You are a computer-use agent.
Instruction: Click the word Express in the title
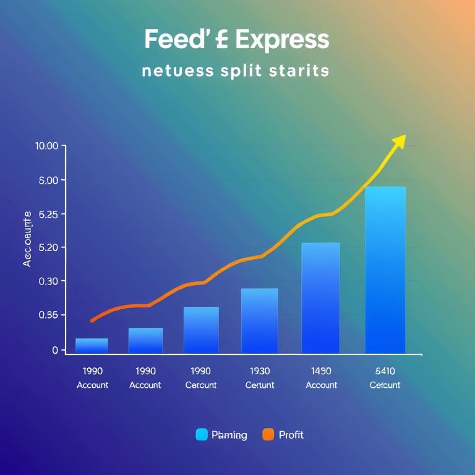[282, 40]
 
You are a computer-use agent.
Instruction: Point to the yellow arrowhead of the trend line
[399, 142]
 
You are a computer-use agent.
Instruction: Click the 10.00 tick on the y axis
[47, 146]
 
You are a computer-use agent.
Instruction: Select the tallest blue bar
[385, 270]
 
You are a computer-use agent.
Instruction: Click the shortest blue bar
[92, 346]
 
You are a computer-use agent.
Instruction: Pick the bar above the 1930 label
[259, 320]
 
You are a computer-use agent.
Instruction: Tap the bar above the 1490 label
[320, 297]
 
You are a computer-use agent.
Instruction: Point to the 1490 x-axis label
[321, 371]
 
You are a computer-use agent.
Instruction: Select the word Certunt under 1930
[259, 385]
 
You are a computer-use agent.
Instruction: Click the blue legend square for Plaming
[202, 435]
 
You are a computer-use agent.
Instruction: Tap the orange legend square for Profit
[268, 435]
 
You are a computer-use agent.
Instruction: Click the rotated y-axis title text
[27, 239]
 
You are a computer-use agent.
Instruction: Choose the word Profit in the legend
[291, 435]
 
